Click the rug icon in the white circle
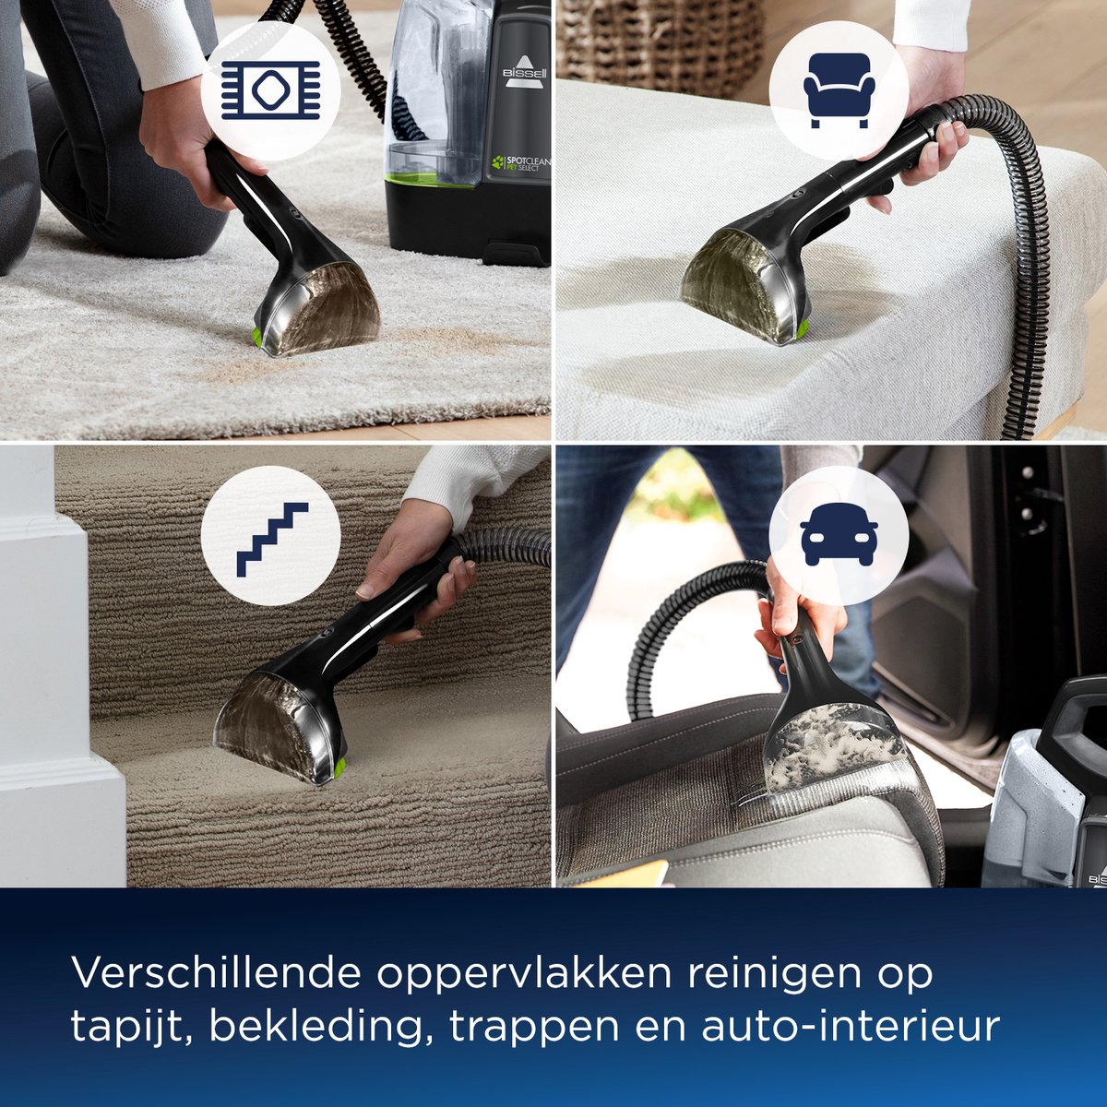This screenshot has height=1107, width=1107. (270, 90)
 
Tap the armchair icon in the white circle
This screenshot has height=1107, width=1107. (839, 90)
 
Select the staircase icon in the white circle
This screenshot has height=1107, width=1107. (272, 539)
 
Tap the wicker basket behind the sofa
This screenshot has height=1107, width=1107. (661, 46)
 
